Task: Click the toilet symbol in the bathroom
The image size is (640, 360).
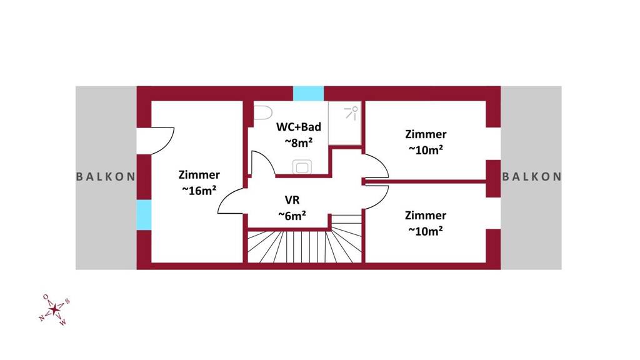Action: click(263, 112)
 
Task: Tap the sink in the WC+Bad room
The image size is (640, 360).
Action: click(302, 167)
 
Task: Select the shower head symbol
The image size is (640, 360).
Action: click(351, 112)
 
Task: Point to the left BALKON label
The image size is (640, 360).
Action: click(106, 177)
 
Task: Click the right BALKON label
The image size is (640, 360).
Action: click(531, 177)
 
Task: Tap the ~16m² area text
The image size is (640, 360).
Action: click(199, 191)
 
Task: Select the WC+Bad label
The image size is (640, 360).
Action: click(299, 126)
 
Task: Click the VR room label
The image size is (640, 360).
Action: click(292, 200)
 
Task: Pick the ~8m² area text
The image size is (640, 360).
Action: click(299, 142)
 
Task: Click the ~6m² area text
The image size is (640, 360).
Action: click(292, 216)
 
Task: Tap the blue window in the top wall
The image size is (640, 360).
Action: click(309, 94)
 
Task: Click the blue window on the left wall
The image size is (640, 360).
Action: click(144, 215)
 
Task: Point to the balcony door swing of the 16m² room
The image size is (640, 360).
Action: click(163, 141)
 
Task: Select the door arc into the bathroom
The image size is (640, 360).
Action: click(263, 163)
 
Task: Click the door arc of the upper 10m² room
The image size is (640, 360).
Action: click(376, 166)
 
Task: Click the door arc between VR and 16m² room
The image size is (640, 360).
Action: click(232, 201)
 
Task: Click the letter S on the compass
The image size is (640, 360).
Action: click(67, 302)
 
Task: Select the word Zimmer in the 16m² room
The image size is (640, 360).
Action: click(199, 175)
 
